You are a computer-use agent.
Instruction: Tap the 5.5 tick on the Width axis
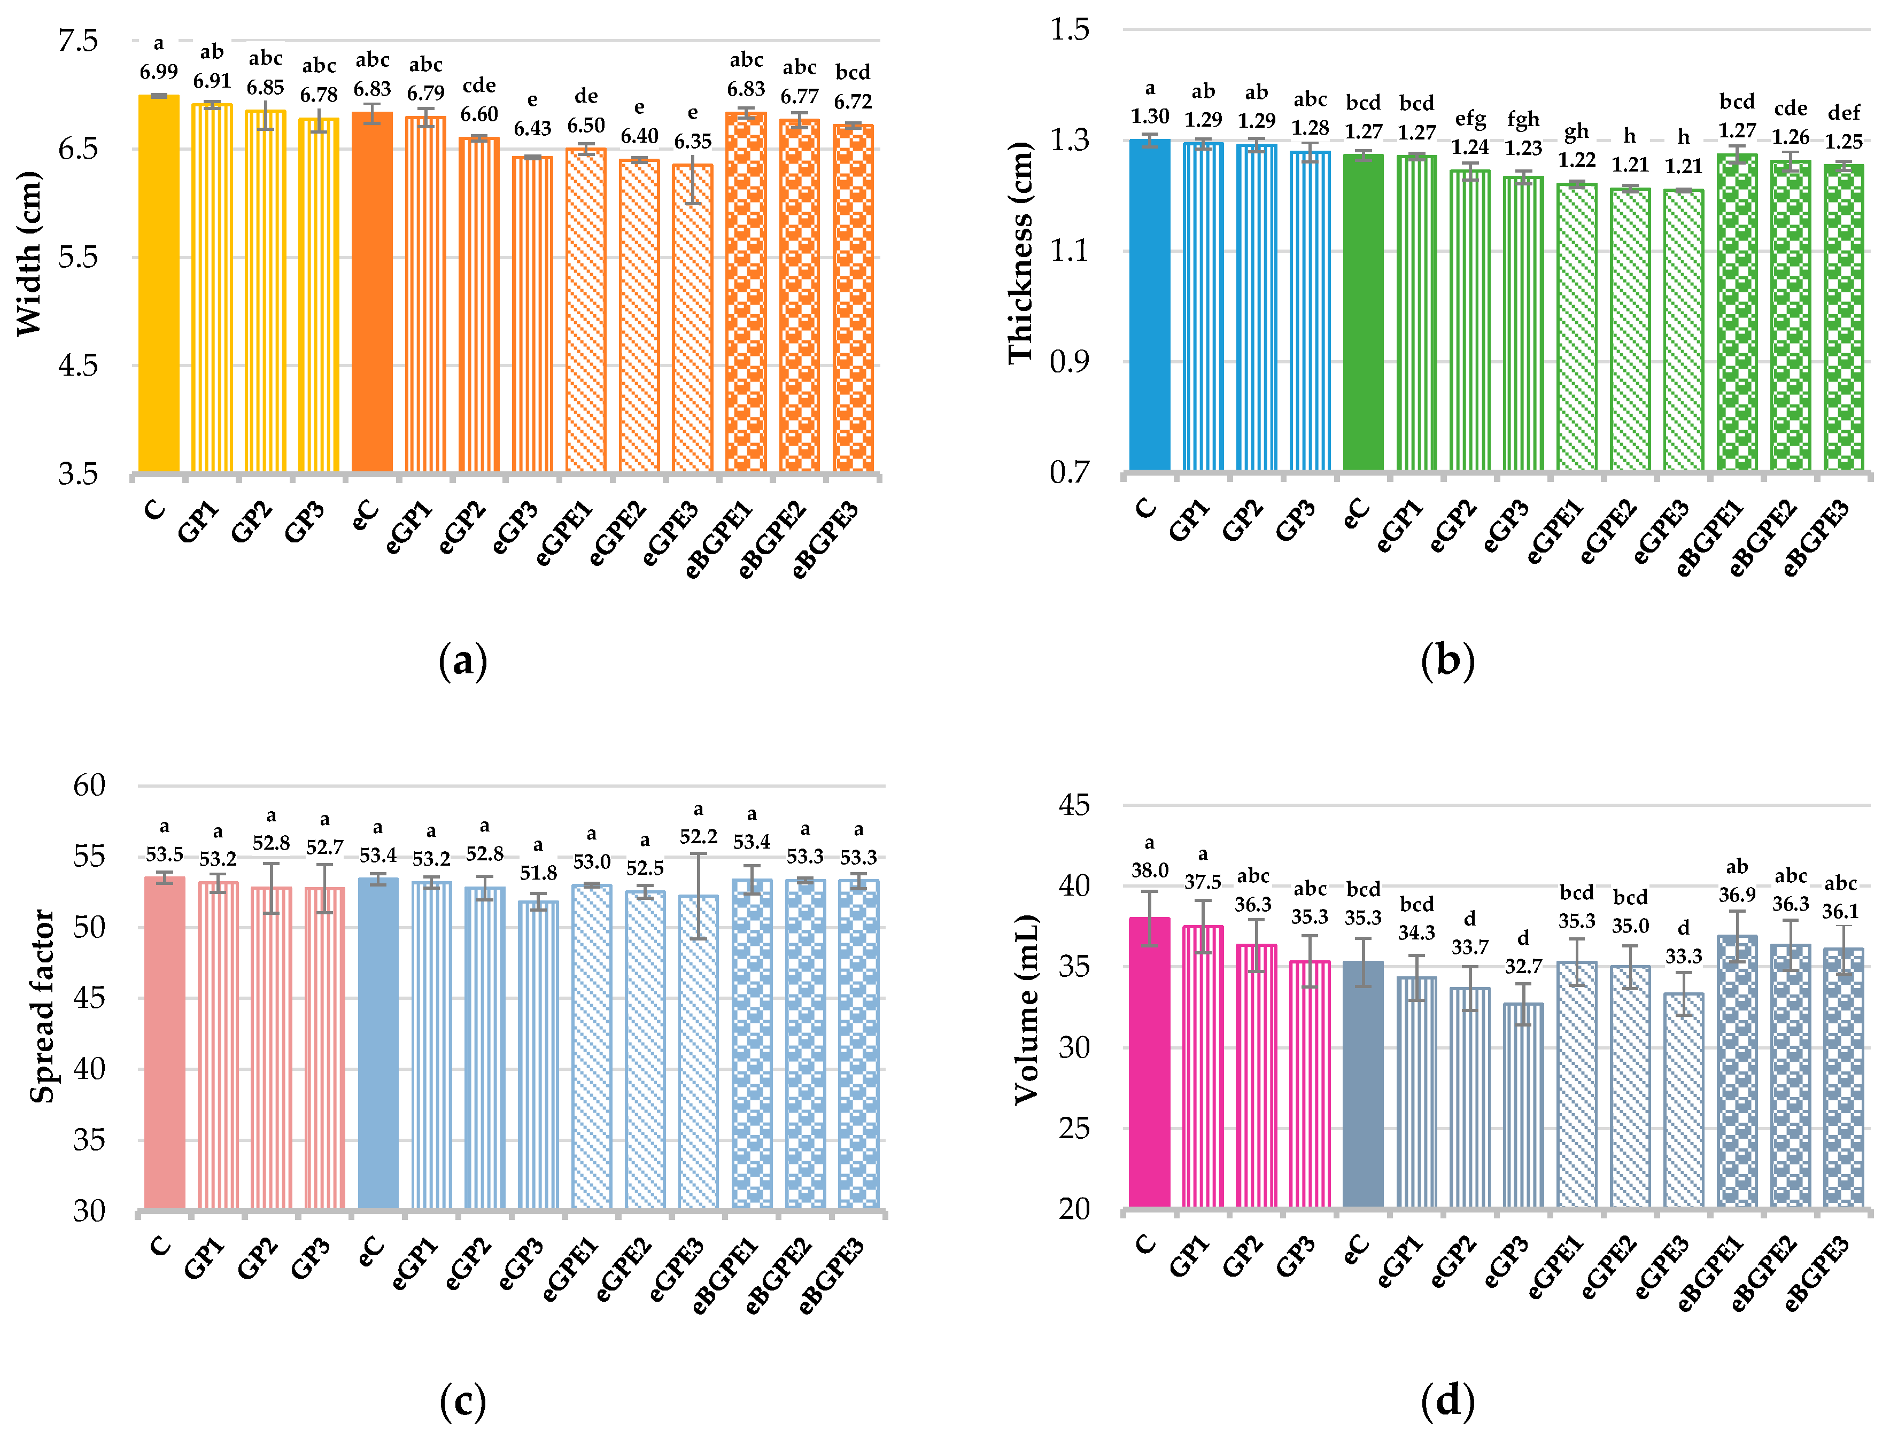[x=78, y=257]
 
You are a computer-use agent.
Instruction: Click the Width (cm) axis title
[x=28, y=254]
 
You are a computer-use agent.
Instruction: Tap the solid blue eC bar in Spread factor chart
[x=377, y=1044]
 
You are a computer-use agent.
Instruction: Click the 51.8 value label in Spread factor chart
[x=538, y=873]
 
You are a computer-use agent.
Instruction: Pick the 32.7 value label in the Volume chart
[x=1523, y=966]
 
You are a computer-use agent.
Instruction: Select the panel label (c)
[x=462, y=1401]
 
